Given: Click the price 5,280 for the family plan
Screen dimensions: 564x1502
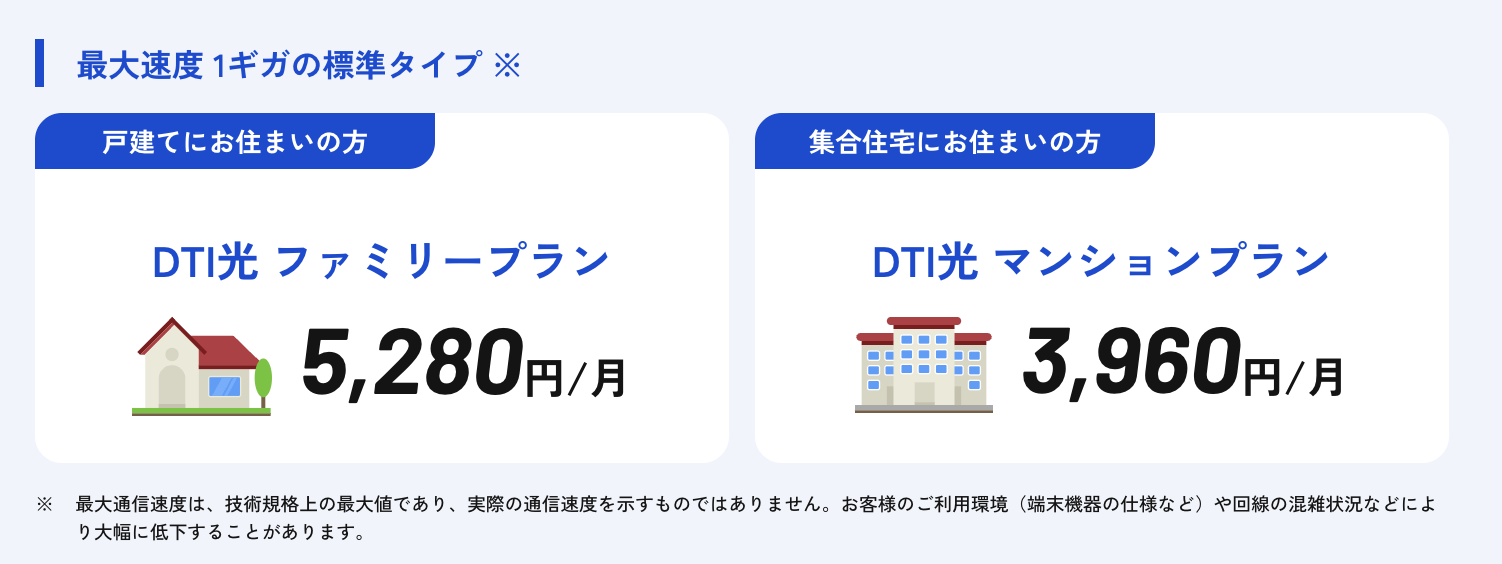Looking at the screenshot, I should click(x=412, y=364).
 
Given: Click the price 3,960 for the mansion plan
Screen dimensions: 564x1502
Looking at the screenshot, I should click(x=1130, y=364).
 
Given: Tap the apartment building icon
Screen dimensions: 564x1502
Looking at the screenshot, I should click(x=923, y=364).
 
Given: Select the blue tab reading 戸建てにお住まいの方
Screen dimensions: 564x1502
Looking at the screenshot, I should click(x=235, y=142).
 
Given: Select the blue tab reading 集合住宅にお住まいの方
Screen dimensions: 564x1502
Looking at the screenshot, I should click(x=954, y=142).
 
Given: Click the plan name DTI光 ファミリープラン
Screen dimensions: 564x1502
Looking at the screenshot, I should click(x=381, y=263).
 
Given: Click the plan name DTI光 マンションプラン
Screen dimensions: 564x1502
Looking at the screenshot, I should click(x=1101, y=263).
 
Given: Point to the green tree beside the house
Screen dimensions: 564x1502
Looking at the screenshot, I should click(x=263, y=379).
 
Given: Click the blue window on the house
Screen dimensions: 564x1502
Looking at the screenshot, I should click(x=224, y=386).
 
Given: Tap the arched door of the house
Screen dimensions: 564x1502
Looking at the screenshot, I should click(x=172, y=385).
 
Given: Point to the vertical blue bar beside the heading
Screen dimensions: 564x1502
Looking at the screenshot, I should click(x=40, y=63).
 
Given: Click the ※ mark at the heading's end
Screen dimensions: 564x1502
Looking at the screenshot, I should click(x=507, y=66).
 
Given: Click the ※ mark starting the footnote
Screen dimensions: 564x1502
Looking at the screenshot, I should click(x=44, y=504).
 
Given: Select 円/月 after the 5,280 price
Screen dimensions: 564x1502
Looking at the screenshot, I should click(x=576, y=378).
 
